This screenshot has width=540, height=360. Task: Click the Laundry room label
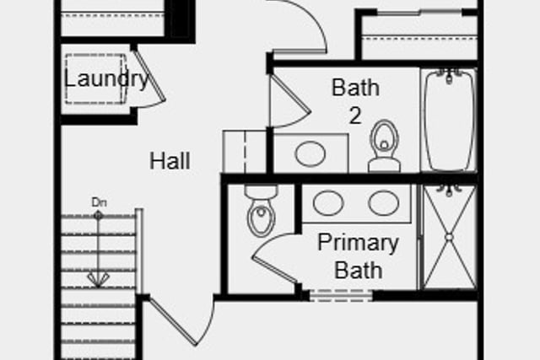(x=106, y=79)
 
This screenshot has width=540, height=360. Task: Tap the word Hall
(x=170, y=161)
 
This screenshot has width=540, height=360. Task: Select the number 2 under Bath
(x=355, y=116)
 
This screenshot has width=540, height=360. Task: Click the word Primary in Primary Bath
(x=358, y=243)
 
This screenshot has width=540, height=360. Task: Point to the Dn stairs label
(x=100, y=202)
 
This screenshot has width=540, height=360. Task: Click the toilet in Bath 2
(x=384, y=146)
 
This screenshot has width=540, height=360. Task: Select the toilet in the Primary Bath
(x=261, y=210)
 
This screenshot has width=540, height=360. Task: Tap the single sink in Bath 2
(x=310, y=153)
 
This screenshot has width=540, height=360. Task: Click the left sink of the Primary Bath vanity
(x=328, y=203)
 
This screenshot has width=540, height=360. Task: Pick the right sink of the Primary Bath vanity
(x=383, y=203)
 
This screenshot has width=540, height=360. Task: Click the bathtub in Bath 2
(x=449, y=120)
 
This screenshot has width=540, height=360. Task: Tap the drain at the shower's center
(x=449, y=237)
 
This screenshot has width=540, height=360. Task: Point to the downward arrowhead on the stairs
(x=98, y=280)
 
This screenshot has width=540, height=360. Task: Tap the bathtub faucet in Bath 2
(x=449, y=75)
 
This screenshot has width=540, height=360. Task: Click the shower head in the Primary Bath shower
(x=449, y=190)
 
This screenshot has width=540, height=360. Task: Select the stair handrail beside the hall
(x=139, y=251)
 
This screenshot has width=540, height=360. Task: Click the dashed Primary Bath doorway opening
(x=341, y=296)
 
